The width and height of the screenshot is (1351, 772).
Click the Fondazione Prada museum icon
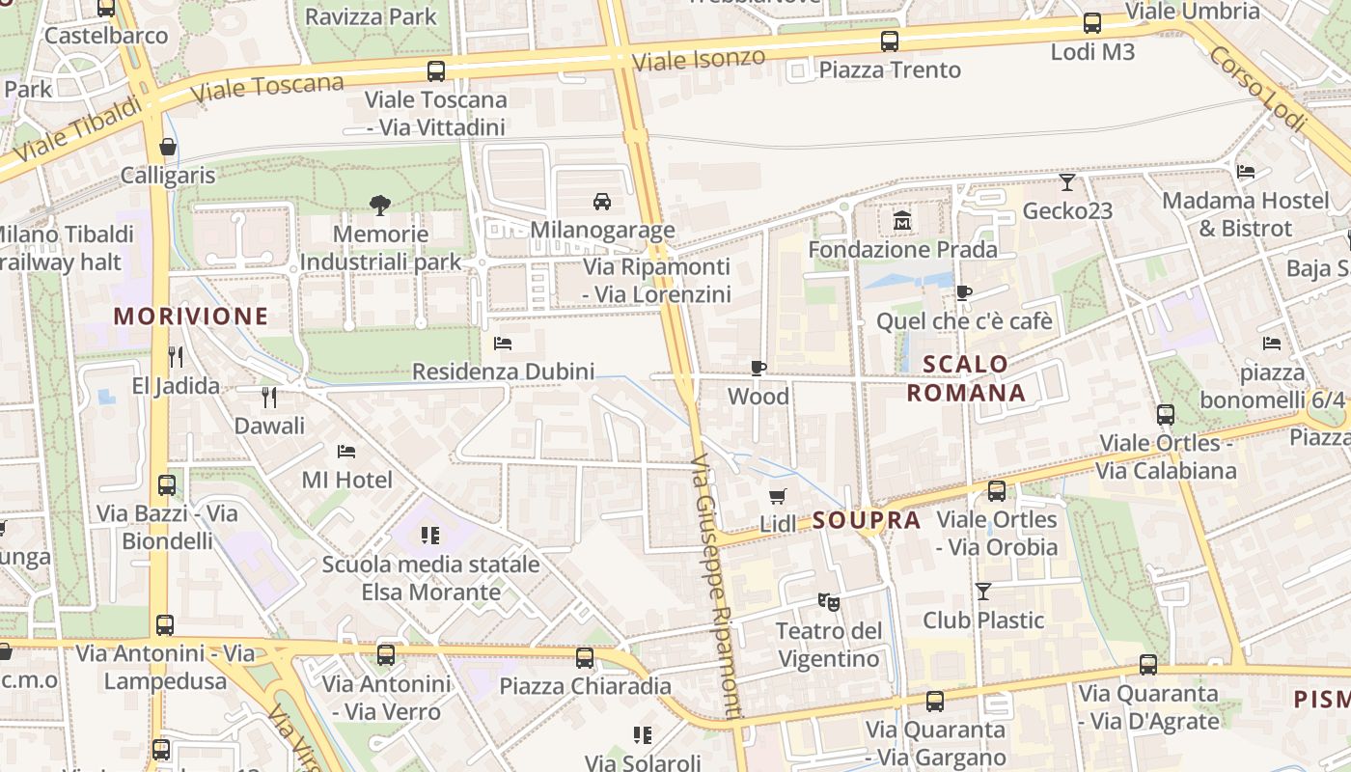[902, 221]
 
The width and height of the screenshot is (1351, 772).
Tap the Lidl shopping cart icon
[777, 496]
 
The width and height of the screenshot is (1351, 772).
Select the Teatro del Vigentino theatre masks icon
[828, 602]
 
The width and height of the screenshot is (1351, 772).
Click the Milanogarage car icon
[602, 201]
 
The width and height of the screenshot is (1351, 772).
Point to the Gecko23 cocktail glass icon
[1066, 181]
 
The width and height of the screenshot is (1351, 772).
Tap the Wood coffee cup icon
[758, 368]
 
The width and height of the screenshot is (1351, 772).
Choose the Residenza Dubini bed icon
[502, 343]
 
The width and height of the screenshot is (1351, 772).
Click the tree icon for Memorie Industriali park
[380, 205]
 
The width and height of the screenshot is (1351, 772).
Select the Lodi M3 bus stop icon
[1092, 23]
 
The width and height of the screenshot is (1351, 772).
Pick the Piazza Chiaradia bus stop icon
[585, 658]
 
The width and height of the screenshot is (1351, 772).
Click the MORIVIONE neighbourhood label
[191, 316]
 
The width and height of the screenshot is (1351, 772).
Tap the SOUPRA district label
[867, 520]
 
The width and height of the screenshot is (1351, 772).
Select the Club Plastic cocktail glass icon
[983, 591]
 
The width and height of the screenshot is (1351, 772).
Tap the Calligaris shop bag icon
[168, 147]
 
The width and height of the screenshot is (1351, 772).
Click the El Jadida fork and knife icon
[175, 357]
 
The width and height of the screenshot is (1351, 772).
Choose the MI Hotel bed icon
[346, 451]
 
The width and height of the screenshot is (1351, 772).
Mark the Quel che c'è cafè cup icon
[963, 292]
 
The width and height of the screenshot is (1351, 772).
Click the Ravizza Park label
[371, 16]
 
